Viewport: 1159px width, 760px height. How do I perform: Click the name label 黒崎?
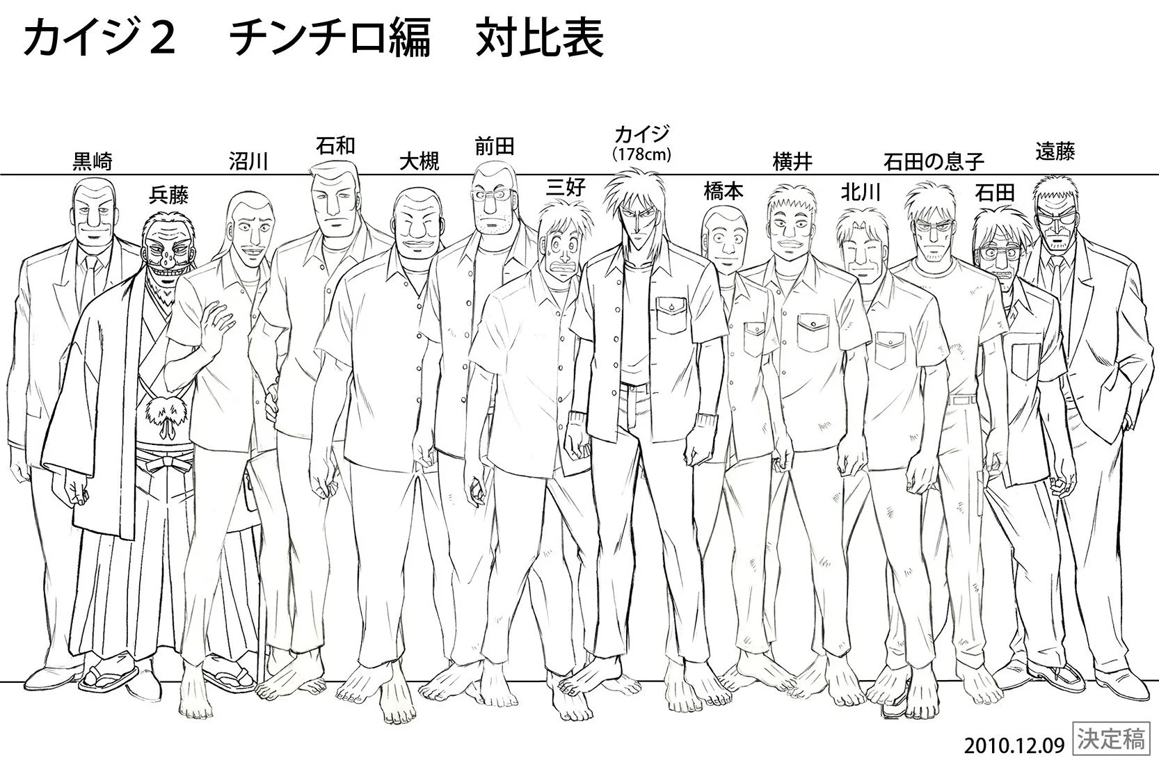pyautogui.click(x=92, y=163)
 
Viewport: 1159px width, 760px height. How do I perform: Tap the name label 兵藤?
pyautogui.click(x=169, y=195)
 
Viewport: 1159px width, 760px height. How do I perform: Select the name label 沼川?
pyautogui.click(x=248, y=163)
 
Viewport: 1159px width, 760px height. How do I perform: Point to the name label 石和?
pyautogui.click(x=335, y=146)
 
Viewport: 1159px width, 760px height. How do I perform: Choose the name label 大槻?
pyautogui.click(x=419, y=163)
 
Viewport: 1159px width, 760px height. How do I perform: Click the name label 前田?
pyautogui.click(x=494, y=146)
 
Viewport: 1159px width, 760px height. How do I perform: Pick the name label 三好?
pyautogui.click(x=566, y=187)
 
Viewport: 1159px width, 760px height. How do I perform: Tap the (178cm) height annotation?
pyautogui.click(x=641, y=154)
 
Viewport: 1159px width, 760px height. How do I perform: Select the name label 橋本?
pyautogui.click(x=724, y=191)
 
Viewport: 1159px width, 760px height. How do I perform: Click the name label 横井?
pyautogui.click(x=792, y=163)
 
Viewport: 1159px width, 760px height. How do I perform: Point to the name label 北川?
pyautogui.click(x=861, y=191)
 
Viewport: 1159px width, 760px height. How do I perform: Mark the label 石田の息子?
pyautogui.click(x=934, y=163)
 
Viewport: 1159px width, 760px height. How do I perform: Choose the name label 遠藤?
pyautogui.click(x=1055, y=152)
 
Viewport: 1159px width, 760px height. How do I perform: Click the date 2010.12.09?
pyautogui.click(x=1014, y=745)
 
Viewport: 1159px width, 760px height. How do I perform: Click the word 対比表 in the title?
pyautogui.click(x=540, y=40)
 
